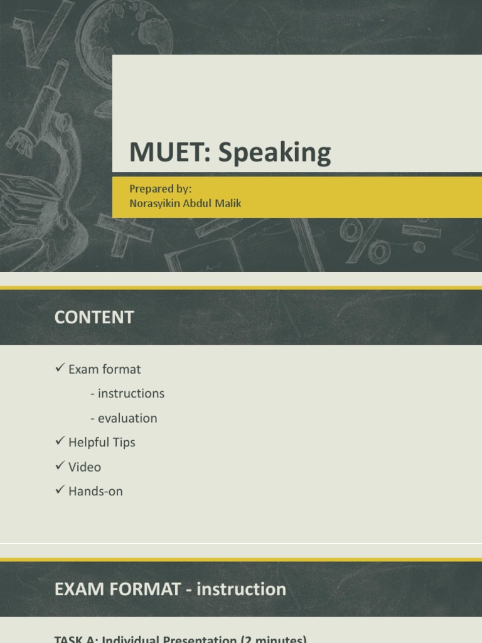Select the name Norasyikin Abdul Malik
click(186, 203)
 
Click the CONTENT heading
click(94, 318)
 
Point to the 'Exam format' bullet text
click(104, 369)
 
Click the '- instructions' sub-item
click(127, 394)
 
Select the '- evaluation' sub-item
click(124, 418)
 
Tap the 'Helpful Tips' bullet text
click(102, 443)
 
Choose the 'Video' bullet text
click(85, 467)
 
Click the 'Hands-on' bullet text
click(95, 492)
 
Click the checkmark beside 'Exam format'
click(60, 369)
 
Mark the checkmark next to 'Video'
click(60, 467)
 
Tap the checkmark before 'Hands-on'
click(60, 491)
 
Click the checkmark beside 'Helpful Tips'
click(60, 442)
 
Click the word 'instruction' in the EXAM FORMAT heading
click(242, 590)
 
